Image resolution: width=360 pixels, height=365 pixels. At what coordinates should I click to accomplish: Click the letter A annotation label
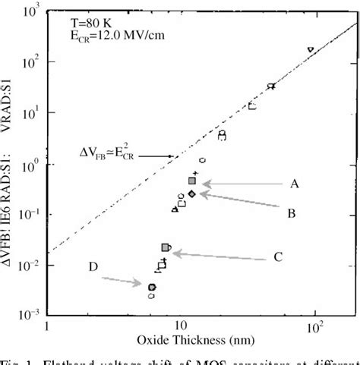click(x=294, y=184)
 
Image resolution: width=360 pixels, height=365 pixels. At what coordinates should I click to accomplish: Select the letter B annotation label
click(x=291, y=215)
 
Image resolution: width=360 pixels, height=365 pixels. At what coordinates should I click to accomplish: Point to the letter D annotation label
click(x=92, y=266)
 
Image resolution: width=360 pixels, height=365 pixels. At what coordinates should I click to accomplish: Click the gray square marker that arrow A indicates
click(x=193, y=181)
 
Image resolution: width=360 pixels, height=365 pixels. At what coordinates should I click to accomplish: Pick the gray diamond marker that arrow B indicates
click(x=192, y=194)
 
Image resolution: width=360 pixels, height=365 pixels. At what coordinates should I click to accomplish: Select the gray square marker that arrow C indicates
click(x=166, y=247)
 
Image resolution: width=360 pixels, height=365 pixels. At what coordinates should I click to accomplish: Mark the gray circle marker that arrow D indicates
click(x=152, y=287)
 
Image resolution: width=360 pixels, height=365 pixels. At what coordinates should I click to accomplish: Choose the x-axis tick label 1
click(x=47, y=327)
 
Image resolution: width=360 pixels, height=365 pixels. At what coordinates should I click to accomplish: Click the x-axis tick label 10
click(x=180, y=327)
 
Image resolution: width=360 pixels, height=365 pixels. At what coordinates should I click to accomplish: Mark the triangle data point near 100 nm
click(x=311, y=50)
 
